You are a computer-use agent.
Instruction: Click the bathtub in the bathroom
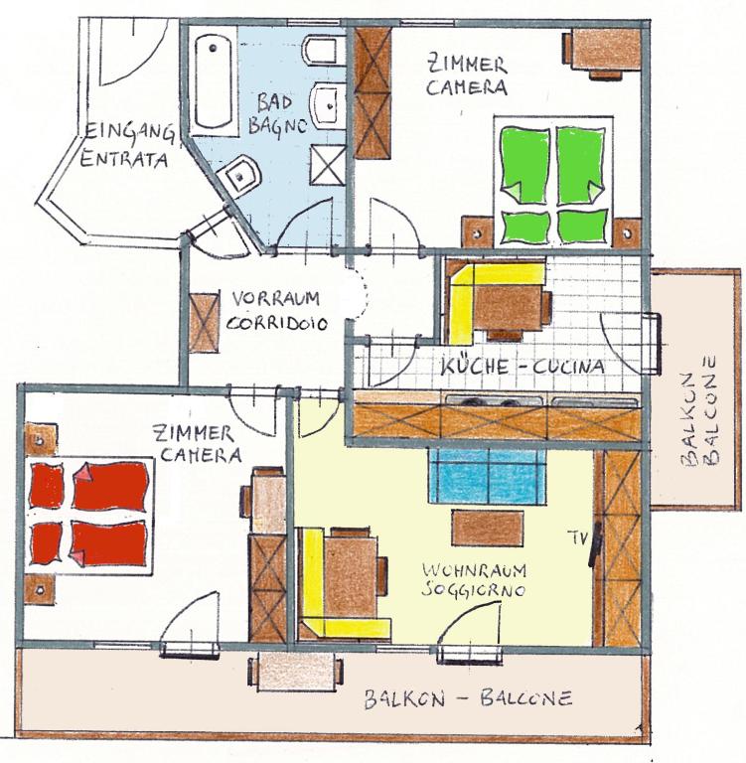pos(213,82)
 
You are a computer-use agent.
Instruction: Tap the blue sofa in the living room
pos(488,476)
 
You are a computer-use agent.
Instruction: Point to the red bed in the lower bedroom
pos(89,515)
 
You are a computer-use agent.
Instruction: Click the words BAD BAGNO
pos(277,114)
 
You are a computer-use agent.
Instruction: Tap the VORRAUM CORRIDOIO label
pos(276,310)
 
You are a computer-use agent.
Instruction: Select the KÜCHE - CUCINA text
pos(522,366)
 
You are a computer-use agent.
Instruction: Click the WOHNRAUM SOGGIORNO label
pos(474,580)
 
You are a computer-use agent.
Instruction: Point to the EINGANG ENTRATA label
pos(127,145)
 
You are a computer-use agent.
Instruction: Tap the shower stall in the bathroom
pos(328,165)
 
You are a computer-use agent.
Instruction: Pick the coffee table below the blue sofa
pos(488,528)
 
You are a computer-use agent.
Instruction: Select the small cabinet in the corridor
pos(204,323)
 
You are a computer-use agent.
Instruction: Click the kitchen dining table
pos(508,310)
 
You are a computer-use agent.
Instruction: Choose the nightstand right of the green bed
pos(627,233)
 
